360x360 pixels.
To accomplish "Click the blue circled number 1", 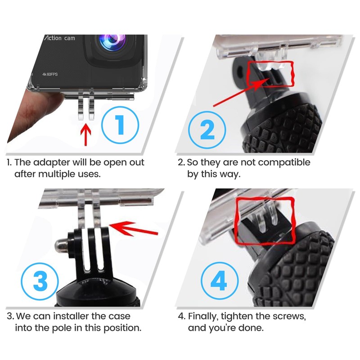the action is (120, 125).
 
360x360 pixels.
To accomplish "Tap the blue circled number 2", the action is (207, 130).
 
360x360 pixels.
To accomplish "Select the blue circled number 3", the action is (40, 281).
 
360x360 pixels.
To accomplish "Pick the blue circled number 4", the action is (220, 281).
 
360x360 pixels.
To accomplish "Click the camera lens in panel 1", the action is (112, 42).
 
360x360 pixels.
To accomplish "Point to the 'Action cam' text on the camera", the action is (59, 38).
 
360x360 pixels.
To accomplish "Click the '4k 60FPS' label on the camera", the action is (50, 74).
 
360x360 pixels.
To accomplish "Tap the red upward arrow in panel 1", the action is (85, 135).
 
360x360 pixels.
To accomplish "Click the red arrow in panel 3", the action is (133, 229).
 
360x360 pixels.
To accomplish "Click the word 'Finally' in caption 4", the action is (203, 317).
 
